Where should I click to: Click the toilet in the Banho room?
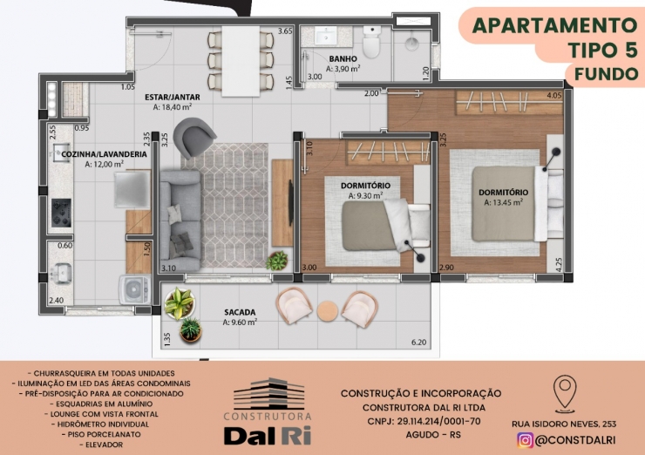[372, 41]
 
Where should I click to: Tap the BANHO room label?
[343, 58]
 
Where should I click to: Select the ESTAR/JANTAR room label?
[173, 97]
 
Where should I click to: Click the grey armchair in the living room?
[193, 137]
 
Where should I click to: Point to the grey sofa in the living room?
[180, 221]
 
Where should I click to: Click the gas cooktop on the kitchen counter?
[61, 213]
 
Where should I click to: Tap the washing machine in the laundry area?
[134, 289]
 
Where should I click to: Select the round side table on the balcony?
[328, 311]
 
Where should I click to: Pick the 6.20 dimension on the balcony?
[418, 342]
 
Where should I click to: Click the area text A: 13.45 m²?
[504, 202]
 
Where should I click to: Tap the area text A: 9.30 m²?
[366, 196]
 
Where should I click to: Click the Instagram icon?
[526, 440]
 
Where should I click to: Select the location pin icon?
[565, 393]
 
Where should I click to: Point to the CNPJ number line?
[424, 421]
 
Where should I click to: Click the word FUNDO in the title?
[607, 74]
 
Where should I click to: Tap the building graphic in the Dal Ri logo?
[269, 394]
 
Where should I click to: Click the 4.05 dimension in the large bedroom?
[554, 95]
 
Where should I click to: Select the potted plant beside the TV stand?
[277, 261]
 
